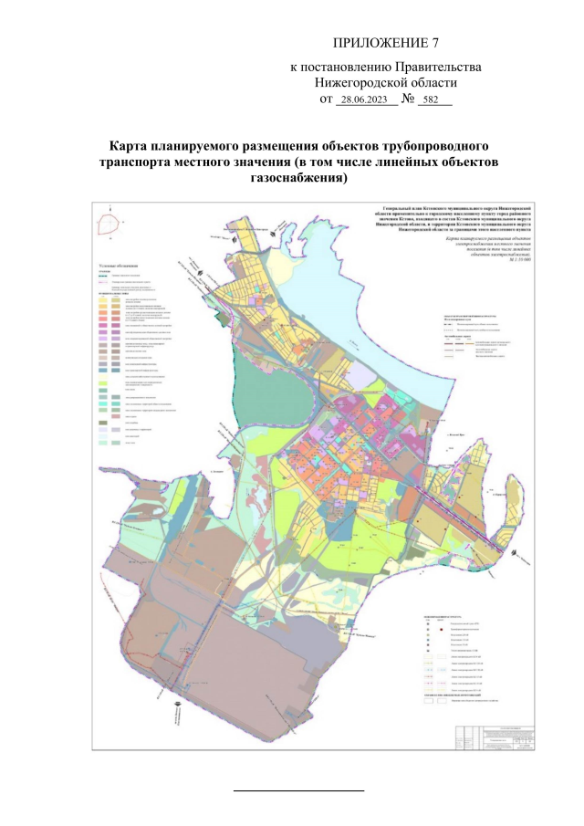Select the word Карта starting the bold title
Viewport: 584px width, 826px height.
[129, 147]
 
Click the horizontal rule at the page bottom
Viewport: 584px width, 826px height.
[298, 788]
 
